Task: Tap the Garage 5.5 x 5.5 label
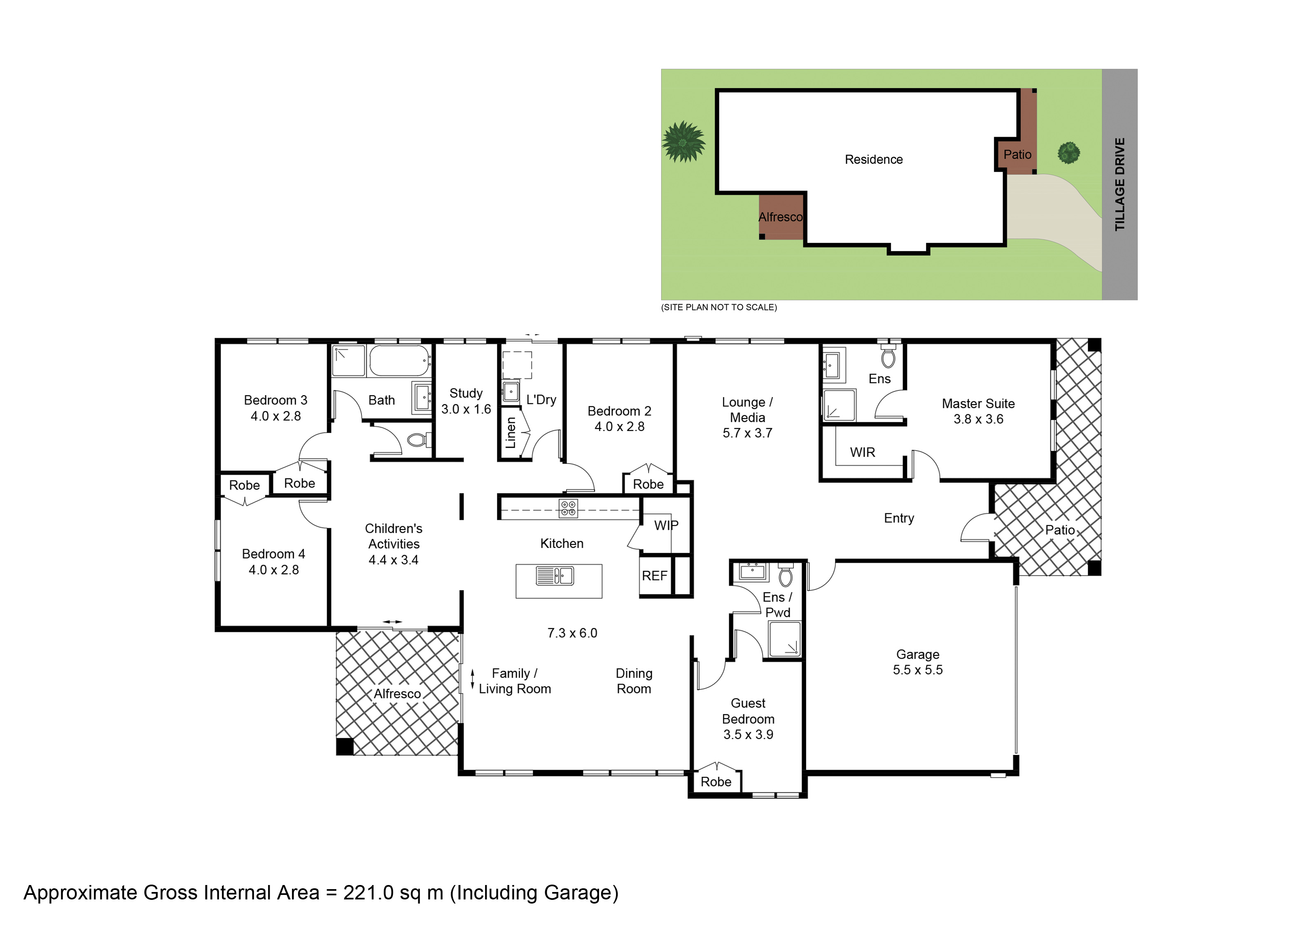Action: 918,662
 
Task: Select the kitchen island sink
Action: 555,576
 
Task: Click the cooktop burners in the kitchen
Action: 569,508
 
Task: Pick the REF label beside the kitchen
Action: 654,576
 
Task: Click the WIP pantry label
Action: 666,526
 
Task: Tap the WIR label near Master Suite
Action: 862,452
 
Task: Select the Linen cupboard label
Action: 511,433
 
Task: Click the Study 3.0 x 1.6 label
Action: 466,401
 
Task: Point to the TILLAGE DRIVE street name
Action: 1119,184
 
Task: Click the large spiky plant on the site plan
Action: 684,141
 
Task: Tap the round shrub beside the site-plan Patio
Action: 1069,153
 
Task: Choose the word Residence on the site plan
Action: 874,160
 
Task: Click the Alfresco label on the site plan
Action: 780,217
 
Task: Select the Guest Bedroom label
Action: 748,719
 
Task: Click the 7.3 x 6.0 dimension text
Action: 572,633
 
